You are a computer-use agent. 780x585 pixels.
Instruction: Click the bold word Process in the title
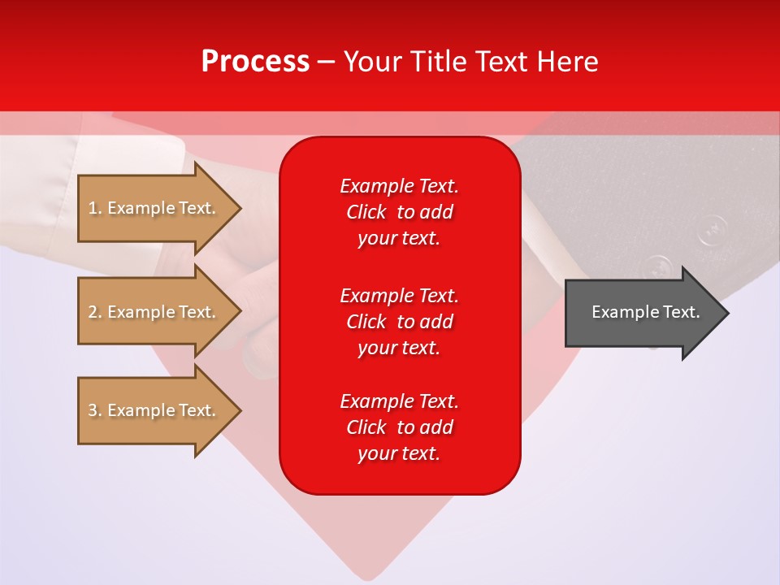tap(255, 62)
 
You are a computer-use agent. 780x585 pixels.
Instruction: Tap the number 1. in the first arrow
tap(95, 208)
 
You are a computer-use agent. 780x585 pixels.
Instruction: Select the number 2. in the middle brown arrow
tap(95, 312)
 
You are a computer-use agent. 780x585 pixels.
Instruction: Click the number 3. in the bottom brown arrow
tap(95, 410)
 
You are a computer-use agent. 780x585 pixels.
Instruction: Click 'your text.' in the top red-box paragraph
tap(399, 239)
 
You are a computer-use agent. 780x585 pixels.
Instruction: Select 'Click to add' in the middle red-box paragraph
tap(399, 322)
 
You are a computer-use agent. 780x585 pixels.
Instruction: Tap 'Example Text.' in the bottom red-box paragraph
tap(399, 401)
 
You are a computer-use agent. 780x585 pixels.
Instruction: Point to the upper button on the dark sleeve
tap(713, 229)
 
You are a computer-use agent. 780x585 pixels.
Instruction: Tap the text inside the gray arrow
tap(645, 312)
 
